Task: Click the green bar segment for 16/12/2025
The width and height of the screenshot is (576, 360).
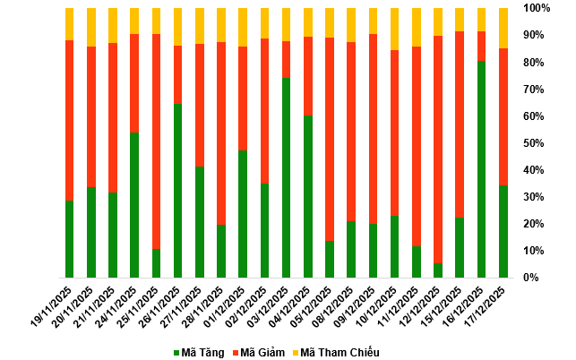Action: pos(482,169)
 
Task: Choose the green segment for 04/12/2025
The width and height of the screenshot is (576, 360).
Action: pos(308,196)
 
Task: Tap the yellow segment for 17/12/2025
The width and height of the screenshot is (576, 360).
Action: pos(503,28)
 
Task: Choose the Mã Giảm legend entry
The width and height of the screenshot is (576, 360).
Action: pos(265,352)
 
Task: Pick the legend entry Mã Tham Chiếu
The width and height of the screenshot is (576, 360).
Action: pos(334,352)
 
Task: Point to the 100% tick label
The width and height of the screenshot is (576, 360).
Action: pos(537,8)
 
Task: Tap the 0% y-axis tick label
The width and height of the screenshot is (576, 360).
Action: pos(531,278)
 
